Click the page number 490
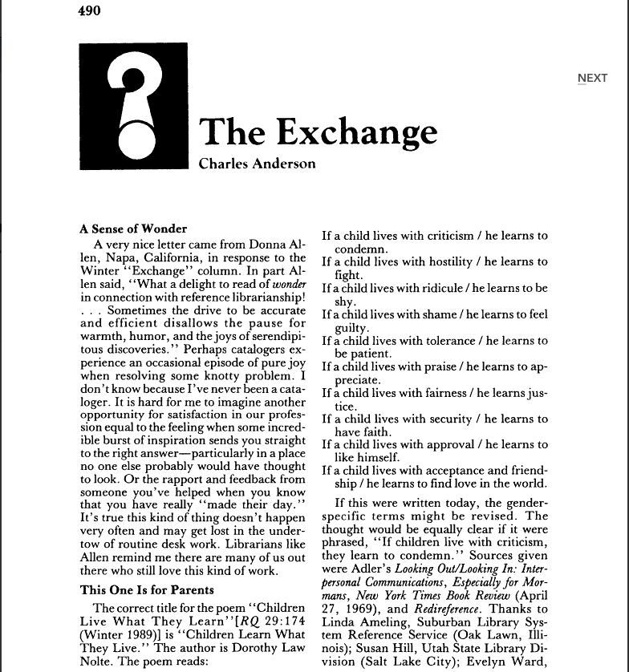[x=90, y=10]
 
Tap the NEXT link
[x=592, y=78]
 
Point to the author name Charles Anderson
[x=257, y=164]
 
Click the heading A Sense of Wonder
[x=133, y=229]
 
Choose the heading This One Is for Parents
[x=147, y=590]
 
